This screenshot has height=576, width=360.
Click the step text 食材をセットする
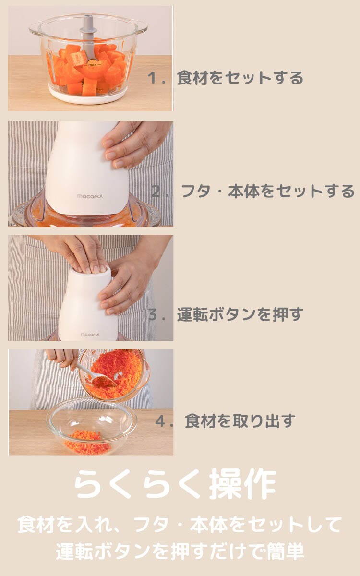pos(240,78)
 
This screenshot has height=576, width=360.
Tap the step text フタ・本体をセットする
pos(268,191)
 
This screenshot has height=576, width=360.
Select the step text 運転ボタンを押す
pos(240,314)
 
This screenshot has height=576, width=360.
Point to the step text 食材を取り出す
pos(240,421)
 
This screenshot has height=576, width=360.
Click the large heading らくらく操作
pos(176,484)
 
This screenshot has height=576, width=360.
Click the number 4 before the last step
pos(160,421)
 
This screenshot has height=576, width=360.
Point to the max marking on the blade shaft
pos(92,65)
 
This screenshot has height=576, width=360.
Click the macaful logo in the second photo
pos(90,196)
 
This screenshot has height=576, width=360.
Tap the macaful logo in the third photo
pos(90,335)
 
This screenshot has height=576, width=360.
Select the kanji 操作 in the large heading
pos(243,484)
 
